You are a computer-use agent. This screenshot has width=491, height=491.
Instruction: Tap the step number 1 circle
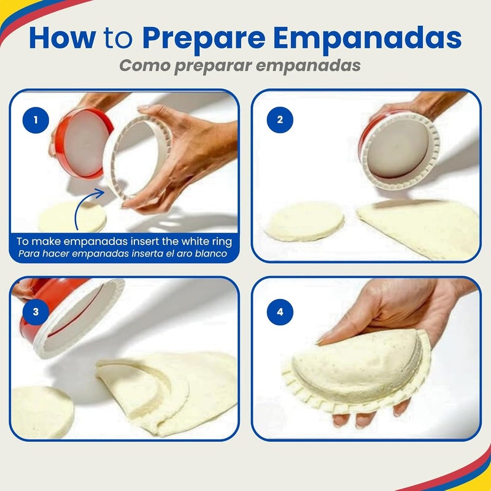click(x=36, y=119)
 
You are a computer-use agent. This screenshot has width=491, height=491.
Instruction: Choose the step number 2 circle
click(x=280, y=119)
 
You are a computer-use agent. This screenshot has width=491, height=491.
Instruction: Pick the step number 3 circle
click(x=36, y=311)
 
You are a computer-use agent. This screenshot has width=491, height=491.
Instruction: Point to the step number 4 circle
click(x=280, y=311)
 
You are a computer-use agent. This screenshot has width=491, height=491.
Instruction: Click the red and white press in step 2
click(x=399, y=147)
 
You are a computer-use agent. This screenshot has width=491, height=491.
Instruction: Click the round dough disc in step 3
click(x=40, y=411)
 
